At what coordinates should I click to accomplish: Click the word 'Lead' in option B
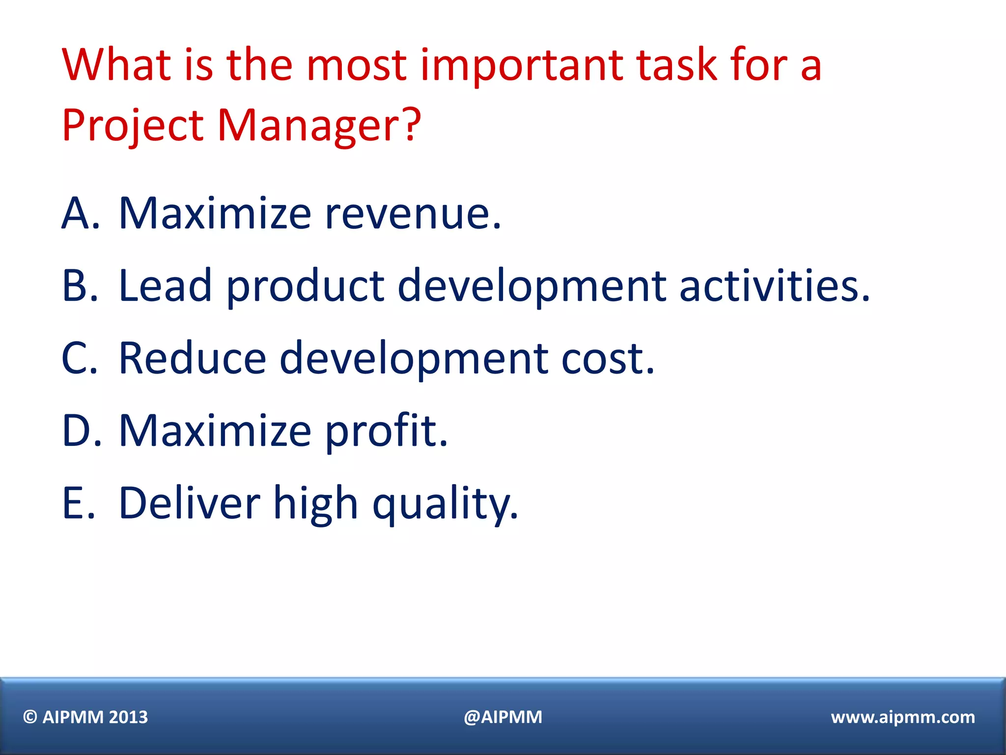point(165,286)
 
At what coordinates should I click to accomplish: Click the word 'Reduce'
point(192,358)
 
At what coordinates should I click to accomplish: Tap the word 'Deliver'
point(189,503)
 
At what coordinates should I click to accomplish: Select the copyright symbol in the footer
point(30,717)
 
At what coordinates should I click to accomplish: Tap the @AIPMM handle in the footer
point(503,717)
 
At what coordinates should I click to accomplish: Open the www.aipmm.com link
point(903,717)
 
